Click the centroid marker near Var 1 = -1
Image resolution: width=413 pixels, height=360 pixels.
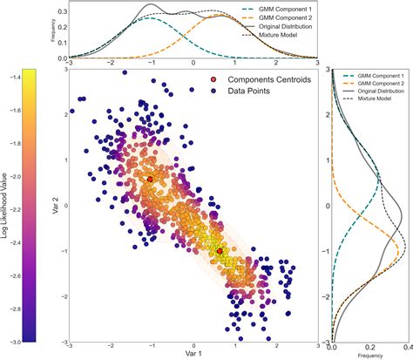tap(149, 178)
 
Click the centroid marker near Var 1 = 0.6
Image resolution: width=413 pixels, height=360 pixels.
tap(220, 251)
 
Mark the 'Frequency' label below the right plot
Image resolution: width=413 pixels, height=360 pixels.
tap(370, 356)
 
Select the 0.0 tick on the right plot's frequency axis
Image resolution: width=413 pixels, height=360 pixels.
tap(332, 346)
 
